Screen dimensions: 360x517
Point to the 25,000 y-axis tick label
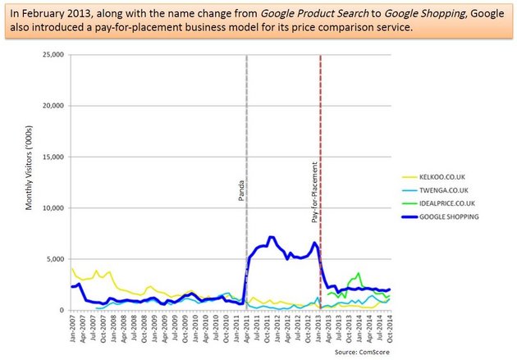tap(52, 55)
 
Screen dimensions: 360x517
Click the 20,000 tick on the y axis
tap(52, 106)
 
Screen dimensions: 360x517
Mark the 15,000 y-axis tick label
tap(52, 157)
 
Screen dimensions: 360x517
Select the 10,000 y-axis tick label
tap(52, 208)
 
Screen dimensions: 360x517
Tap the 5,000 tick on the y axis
tap(54, 259)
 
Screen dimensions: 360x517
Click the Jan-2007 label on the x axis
tap(72, 328)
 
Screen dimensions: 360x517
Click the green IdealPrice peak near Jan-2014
tap(359, 274)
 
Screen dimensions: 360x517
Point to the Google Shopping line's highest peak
tap(271, 237)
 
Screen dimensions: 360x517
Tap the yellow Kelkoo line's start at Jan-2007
tap(71, 269)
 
